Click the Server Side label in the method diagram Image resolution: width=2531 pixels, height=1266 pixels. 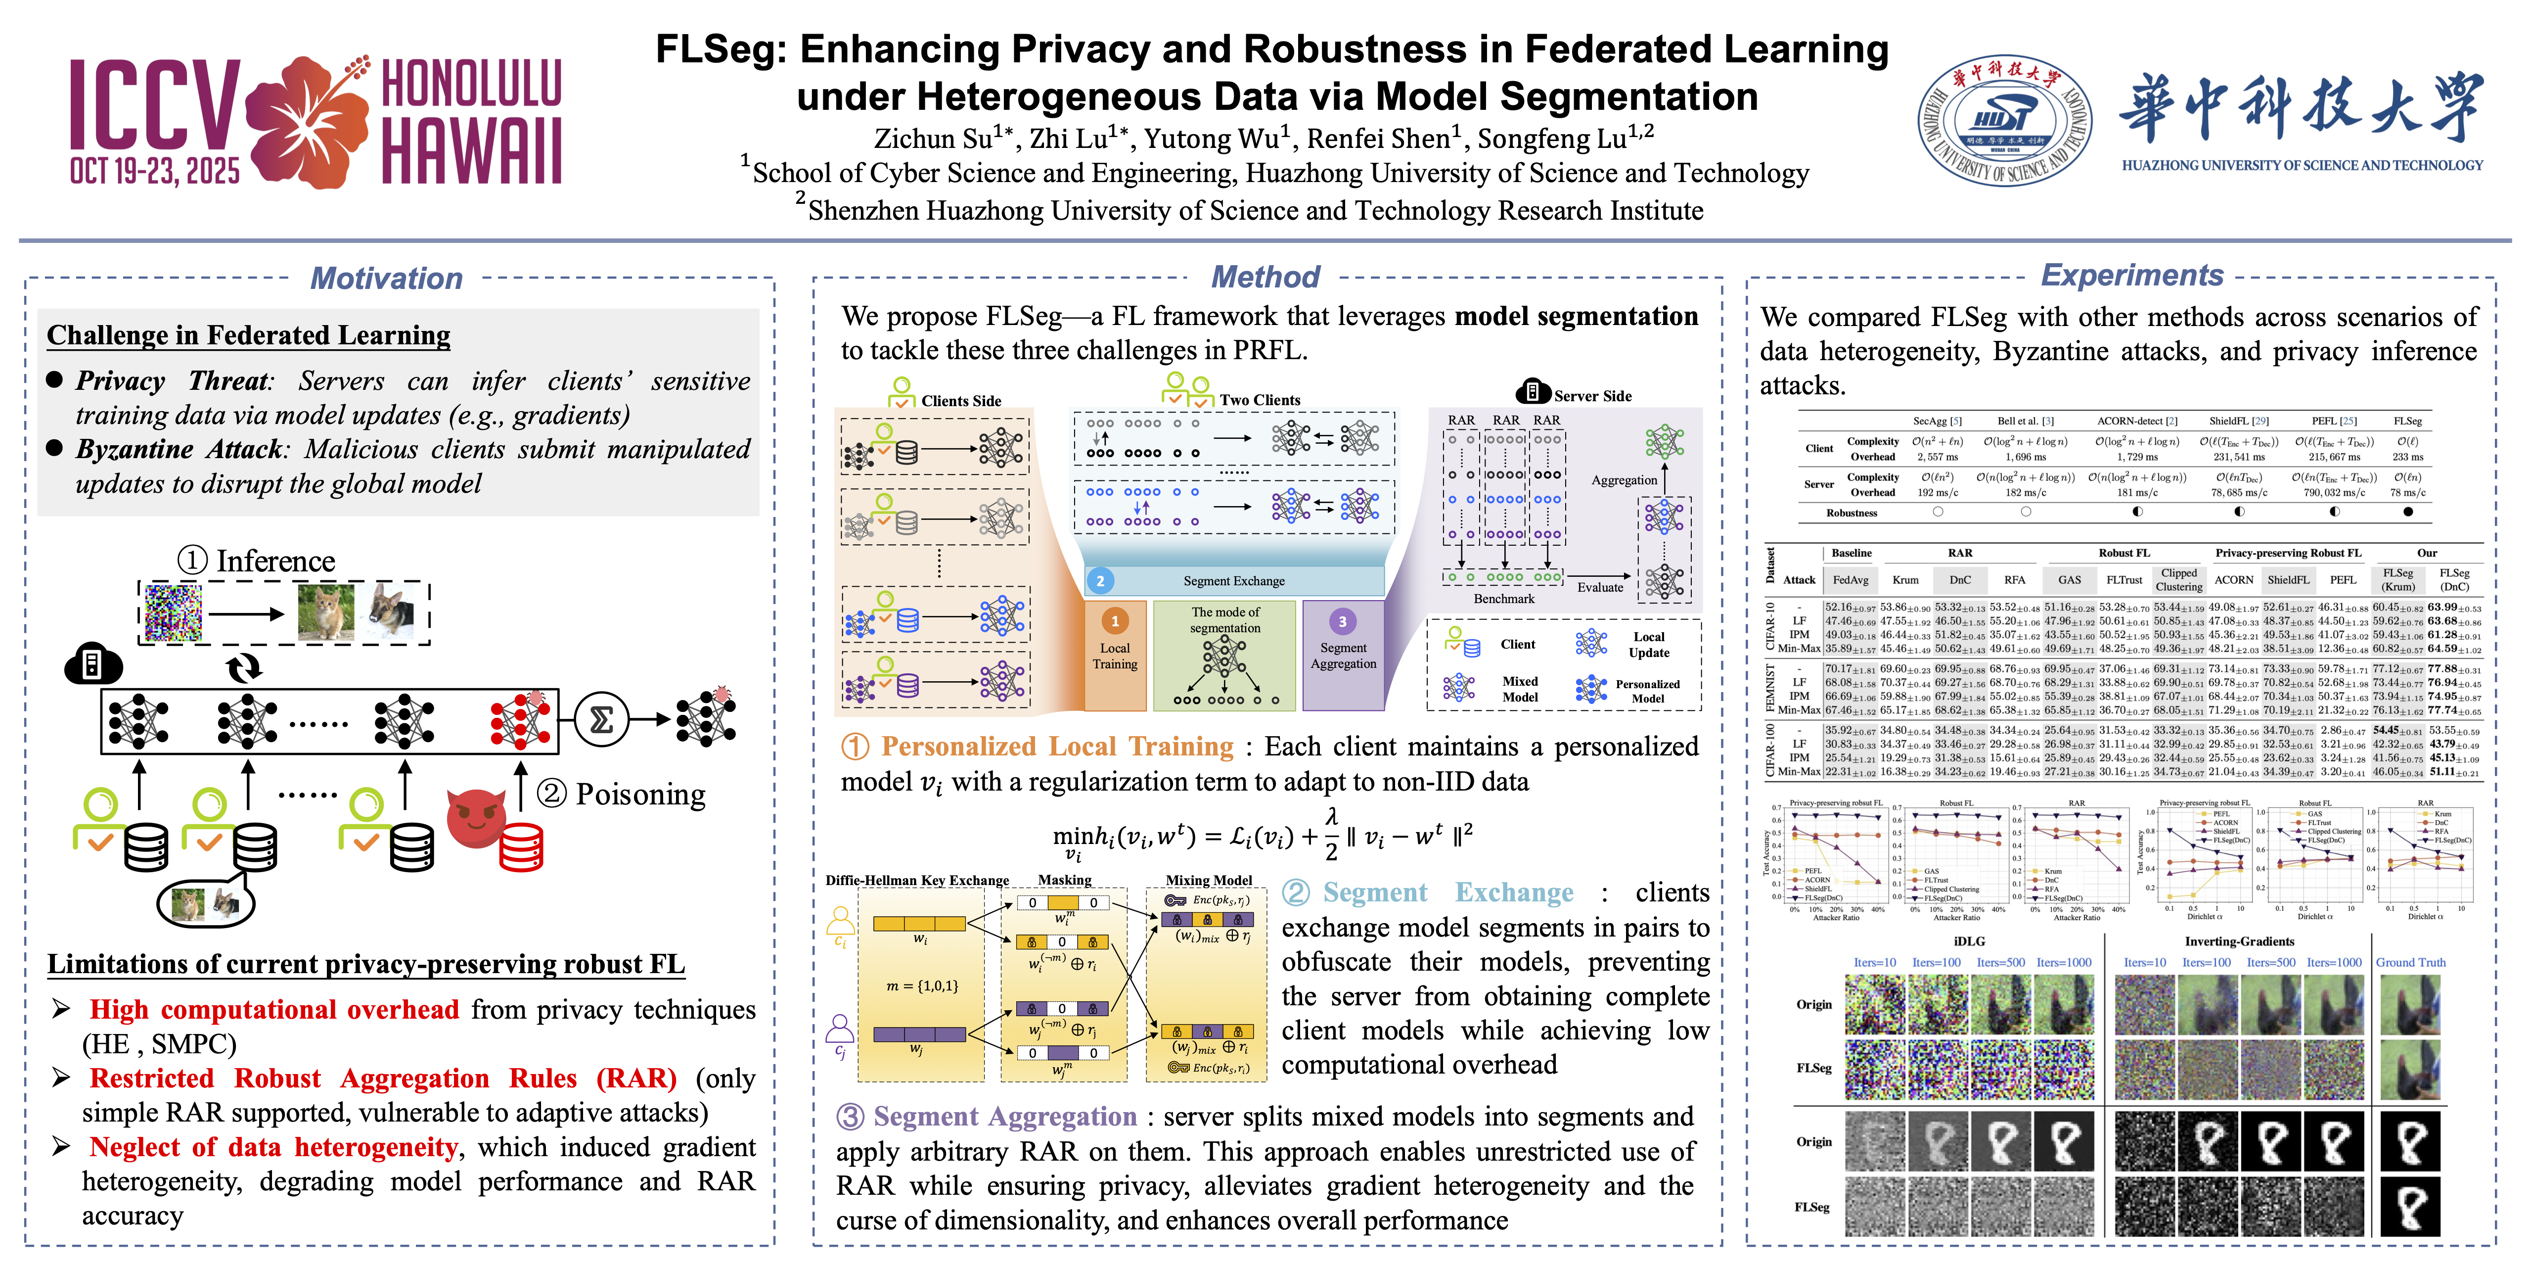1592,396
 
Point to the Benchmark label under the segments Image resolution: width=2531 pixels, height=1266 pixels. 1503,599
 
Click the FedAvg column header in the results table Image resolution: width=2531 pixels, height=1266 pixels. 1850,580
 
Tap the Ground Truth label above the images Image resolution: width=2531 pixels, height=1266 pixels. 2410,962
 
